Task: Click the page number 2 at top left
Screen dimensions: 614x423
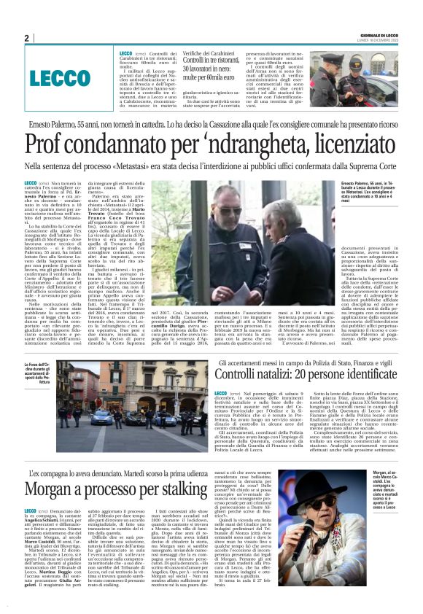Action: pyautogui.click(x=26, y=38)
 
